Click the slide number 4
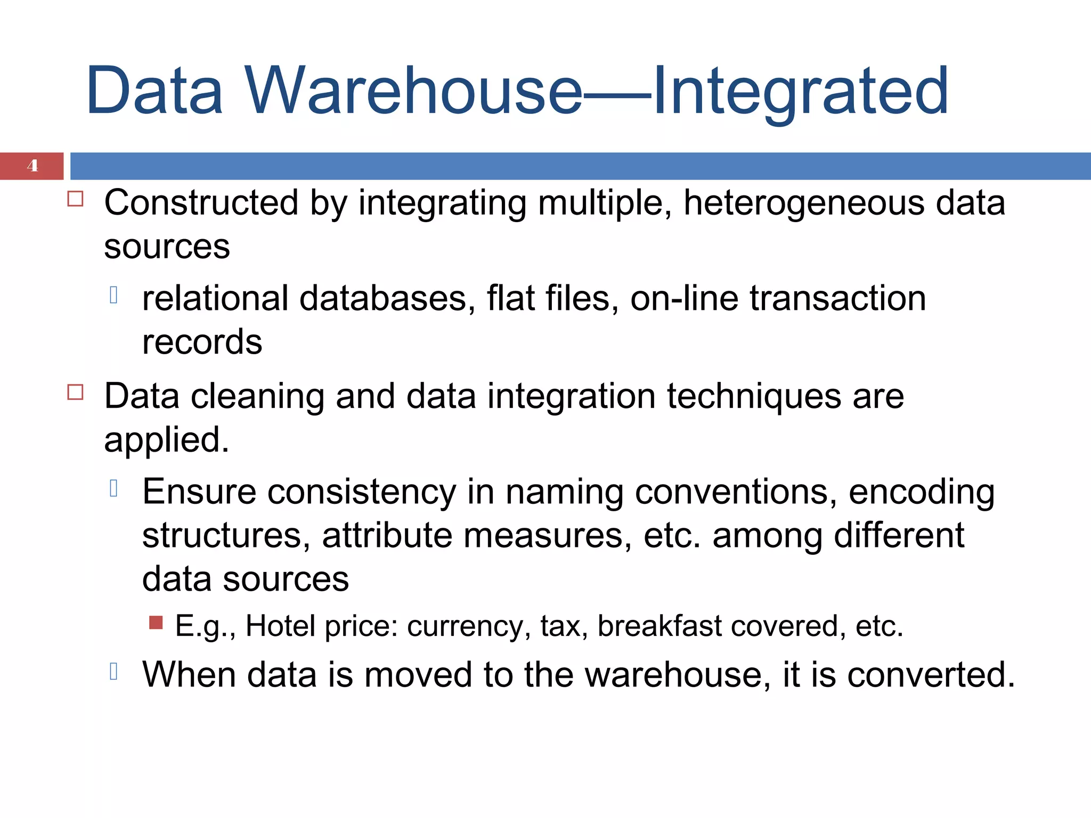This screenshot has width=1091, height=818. [x=32, y=166]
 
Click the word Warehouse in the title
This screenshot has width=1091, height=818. [x=413, y=91]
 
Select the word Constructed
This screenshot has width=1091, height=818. [x=201, y=203]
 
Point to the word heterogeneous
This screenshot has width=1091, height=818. [x=803, y=204]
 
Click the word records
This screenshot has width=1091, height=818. [x=202, y=342]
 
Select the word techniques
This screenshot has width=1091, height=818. [x=753, y=397]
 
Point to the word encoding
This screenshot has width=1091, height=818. [x=921, y=493]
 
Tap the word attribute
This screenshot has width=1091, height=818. [x=387, y=535]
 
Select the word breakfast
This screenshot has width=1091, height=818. [x=660, y=626]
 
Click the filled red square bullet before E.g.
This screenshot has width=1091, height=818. [x=156, y=623]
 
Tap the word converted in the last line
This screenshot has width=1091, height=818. [x=930, y=675]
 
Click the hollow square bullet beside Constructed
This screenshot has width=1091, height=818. [x=76, y=199]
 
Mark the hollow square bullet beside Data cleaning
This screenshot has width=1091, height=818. [x=76, y=392]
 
